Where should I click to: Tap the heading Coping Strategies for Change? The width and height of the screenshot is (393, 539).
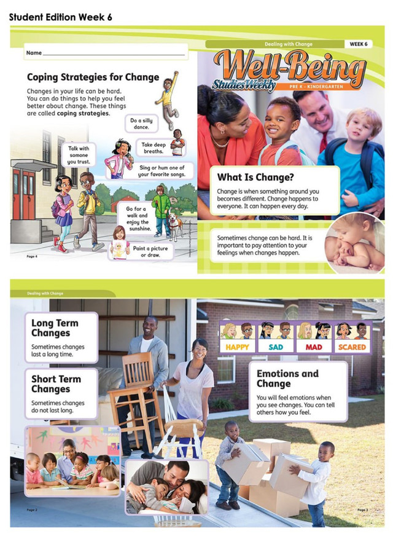click(x=93, y=77)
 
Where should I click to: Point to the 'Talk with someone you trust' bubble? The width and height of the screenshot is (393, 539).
click(x=78, y=155)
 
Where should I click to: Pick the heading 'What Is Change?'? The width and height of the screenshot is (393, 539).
click(x=254, y=177)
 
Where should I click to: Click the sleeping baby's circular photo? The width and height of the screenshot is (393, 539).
click(x=356, y=242)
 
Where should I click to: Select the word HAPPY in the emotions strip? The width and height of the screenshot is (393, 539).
click(x=236, y=347)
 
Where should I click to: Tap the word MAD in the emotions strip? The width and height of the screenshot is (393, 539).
click(x=313, y=347)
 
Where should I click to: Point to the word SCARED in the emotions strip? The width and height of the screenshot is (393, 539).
click(x=351, y=347)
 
